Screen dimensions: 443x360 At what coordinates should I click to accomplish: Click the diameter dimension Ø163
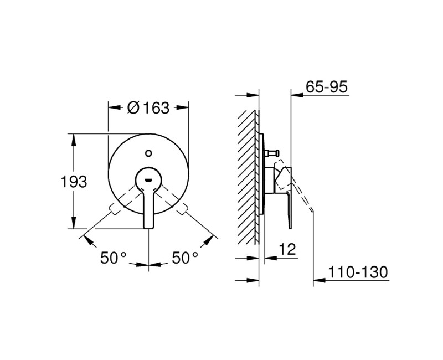(x=148, y=107)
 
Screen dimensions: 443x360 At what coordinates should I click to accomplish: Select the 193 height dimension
(x=74, y=182)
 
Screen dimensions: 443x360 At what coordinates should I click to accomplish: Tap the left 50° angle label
(x=114, y=258)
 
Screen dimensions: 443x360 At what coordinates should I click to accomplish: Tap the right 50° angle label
(x=185, y=258)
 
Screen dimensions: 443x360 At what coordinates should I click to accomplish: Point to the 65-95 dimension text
(x=327, y=86)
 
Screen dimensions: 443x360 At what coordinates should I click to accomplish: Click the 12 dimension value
(x=287, y=249)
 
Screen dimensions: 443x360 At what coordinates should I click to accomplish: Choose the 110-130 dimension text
(x=358, y=272)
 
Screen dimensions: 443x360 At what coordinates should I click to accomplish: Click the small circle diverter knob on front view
(x=148, y=153)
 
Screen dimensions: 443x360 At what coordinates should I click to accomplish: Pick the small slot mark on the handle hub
(x=148, y=179)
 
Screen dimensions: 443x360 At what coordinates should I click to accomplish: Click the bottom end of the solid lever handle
(x=148, y=228)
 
